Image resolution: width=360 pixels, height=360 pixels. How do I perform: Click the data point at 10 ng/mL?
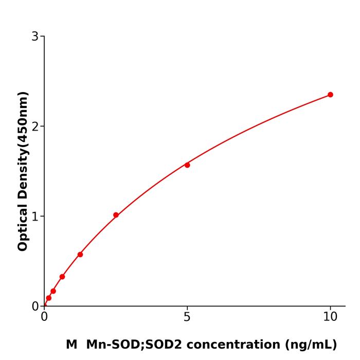330,95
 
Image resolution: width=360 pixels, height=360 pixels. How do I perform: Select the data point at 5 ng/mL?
187,165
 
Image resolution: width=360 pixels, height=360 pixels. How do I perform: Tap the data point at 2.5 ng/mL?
116,215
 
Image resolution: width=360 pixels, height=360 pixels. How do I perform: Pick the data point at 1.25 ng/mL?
80,255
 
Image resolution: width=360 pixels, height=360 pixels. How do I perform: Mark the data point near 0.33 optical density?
62,277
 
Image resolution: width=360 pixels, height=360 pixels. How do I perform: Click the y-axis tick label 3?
35,37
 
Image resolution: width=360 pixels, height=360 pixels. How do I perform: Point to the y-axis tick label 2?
35,127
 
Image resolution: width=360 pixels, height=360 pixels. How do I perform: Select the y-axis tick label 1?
35,217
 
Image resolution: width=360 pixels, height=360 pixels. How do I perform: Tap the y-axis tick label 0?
35,307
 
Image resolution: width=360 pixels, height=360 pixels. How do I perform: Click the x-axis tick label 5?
187,317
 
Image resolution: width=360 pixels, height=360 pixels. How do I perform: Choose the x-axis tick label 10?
330,317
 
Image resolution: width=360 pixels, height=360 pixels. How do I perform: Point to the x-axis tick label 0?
44,317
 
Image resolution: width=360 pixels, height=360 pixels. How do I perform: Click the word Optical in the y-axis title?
23,226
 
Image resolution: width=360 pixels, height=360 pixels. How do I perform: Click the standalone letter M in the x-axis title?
71,345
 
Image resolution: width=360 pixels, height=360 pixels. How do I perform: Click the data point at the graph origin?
45,305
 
